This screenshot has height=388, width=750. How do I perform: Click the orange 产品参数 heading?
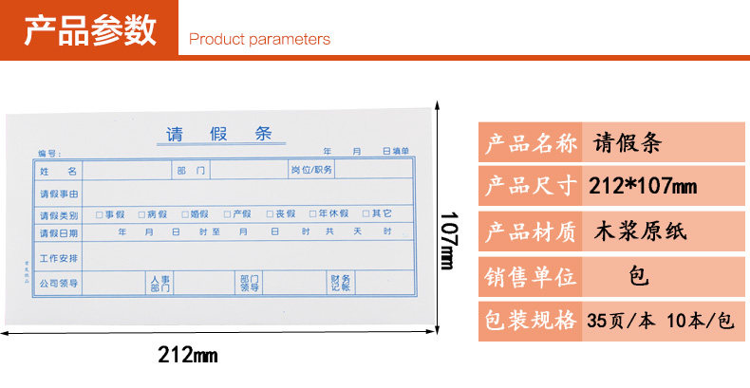90,30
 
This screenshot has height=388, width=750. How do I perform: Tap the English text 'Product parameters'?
259,40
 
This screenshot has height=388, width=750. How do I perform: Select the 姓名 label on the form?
58,171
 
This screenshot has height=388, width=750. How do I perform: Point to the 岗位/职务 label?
311,170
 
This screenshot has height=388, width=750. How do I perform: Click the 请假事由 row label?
59,194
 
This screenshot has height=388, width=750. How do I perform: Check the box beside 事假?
99,214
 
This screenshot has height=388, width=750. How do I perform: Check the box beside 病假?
141,214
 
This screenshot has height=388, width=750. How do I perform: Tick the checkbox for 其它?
365,214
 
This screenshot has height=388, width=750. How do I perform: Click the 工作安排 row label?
59,258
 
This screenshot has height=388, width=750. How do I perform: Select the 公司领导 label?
59,283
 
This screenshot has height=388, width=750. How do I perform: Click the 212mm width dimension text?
187,356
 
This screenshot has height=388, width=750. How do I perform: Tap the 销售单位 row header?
531,277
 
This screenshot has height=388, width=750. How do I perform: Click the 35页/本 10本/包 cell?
660,320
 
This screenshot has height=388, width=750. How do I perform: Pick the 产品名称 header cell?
531,144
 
